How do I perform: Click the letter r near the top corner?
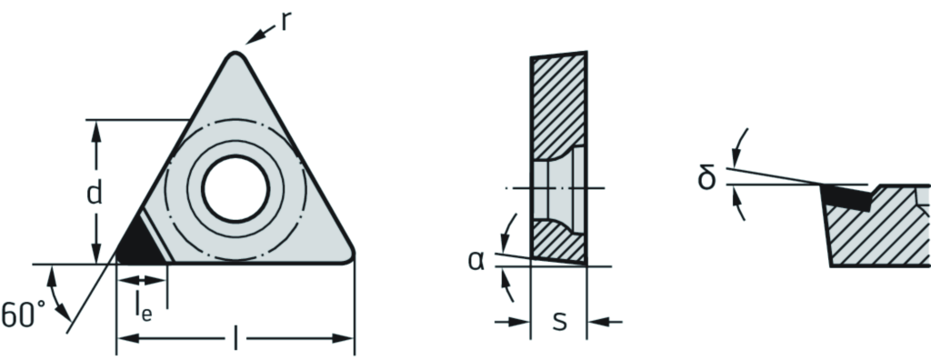pos(285,22)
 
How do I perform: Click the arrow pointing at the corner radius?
pos(260,35)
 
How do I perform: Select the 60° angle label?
pos(23,314)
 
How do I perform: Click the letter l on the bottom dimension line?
pos(235,339)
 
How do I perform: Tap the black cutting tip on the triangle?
pos(139,243)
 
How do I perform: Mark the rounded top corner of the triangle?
pos(235,55)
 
